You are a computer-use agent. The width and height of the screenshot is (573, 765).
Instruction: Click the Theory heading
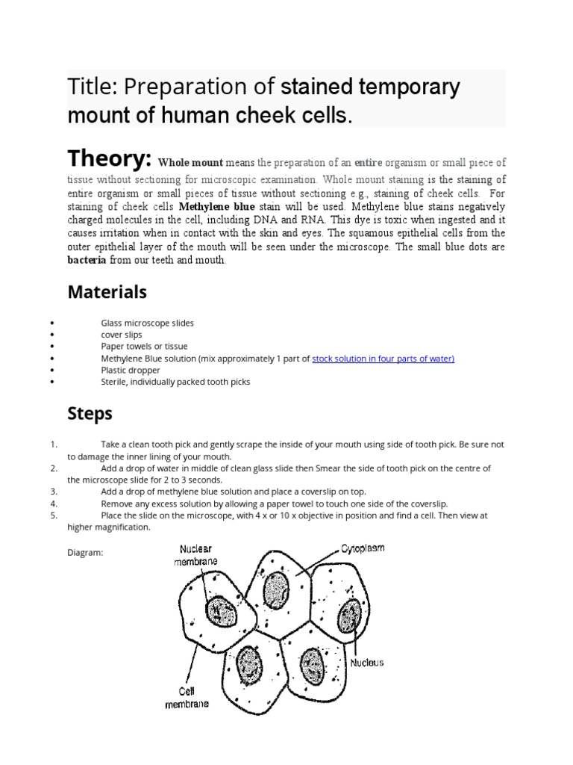pos(110,158)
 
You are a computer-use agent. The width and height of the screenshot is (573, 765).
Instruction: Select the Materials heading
pos(107,291)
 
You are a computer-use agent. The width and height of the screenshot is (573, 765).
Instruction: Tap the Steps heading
pos(90,413)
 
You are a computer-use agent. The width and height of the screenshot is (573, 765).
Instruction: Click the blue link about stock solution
pos(383,359)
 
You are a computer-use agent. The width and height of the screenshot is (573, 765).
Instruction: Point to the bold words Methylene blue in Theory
pos(216,206)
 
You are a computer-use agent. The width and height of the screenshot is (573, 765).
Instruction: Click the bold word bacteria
pos(87,261)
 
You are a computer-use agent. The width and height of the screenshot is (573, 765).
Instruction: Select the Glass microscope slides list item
pos(147,323)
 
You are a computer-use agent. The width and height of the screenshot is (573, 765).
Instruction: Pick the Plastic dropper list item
pos(131,370)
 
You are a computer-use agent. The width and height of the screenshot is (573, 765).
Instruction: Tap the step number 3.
pos(54,492)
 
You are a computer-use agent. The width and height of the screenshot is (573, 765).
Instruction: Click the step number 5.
pos(54,515)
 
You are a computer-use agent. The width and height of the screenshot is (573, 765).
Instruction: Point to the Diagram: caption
pos(84,554)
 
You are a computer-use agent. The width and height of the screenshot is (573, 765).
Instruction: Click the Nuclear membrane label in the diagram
pos(197,555)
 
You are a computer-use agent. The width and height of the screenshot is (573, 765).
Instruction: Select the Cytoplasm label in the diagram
pos(363,548)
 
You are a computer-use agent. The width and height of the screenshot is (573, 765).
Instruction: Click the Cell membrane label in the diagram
pos(187,697)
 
